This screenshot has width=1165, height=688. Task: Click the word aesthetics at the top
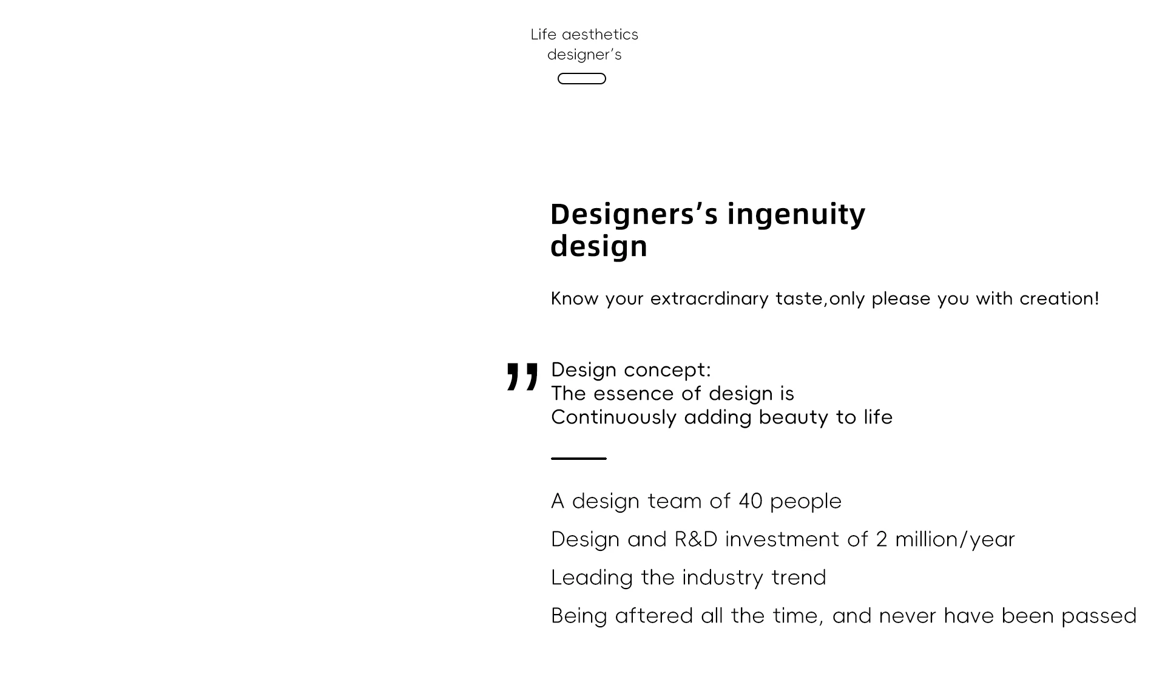tap(600, 35)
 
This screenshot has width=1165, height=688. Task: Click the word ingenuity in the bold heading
tap(796, 215)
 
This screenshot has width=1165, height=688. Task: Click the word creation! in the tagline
tap(1059, 298)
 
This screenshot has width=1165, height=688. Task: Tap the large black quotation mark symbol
tap(522, 376)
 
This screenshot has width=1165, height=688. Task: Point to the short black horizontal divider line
tap(579, 459)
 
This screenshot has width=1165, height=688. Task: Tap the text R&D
tap(696, 539)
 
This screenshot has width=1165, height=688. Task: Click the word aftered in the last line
tap(654, 616)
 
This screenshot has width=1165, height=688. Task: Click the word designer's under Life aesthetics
tap(584, 55)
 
